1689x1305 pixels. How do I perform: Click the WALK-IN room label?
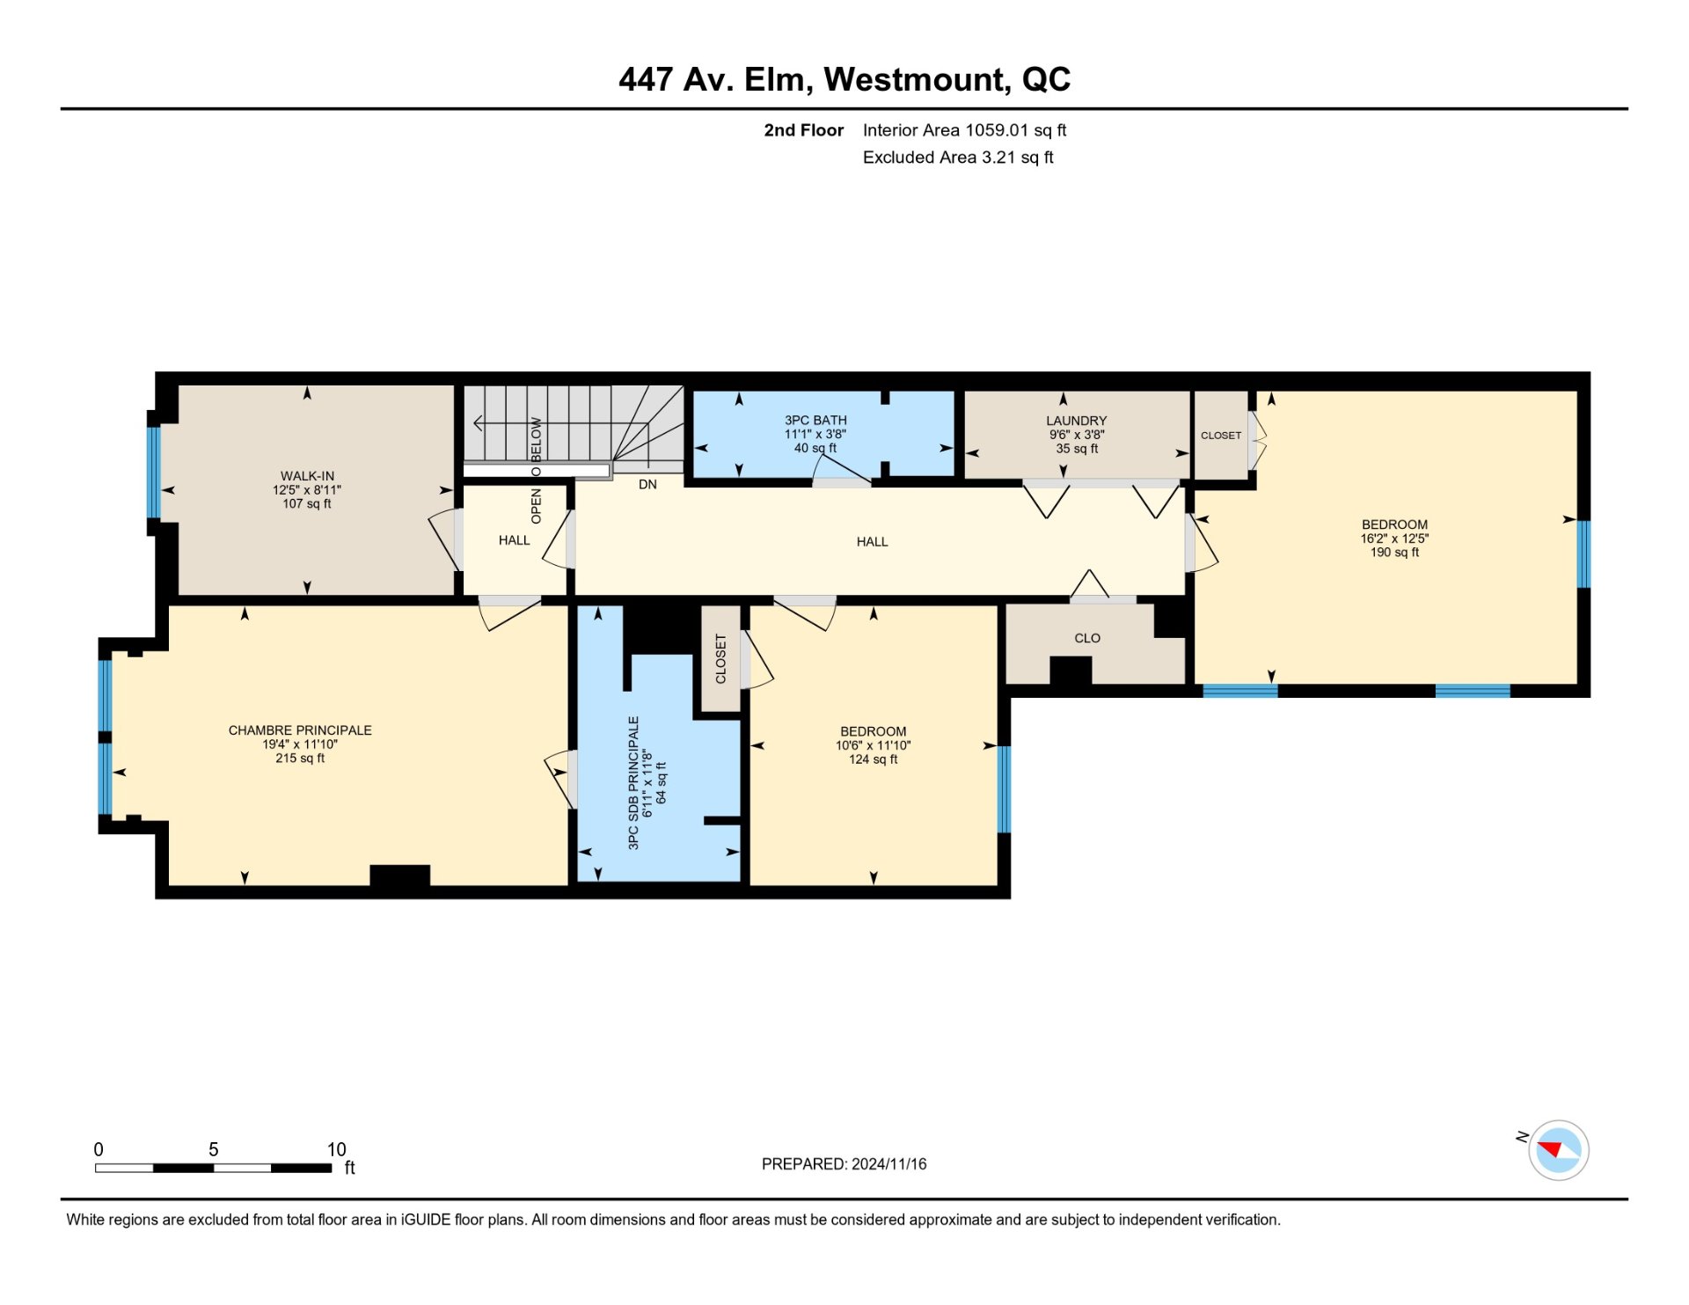tap(307, 476)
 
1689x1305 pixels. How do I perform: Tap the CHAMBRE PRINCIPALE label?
tap(300, 730)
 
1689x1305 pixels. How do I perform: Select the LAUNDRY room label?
tap(1076, 421)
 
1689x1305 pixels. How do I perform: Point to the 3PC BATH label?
tap(815, 421)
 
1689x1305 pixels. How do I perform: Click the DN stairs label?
tap(647, 485)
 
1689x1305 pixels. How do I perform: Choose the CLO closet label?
tap(1087, 638)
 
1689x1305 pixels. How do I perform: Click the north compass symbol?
tap(1558, 1149)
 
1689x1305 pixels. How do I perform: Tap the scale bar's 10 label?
tap(336, 1149)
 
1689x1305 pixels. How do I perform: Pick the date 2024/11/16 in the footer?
tap(888, 1164)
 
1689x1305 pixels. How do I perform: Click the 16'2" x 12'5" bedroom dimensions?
tap(1394, 539)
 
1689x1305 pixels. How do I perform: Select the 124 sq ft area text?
tap(873, 759)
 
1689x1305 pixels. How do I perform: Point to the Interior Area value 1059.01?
tap(997, 130)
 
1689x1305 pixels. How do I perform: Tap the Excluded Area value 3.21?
tap(998, 158)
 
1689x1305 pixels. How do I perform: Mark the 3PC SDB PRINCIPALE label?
tap(633, 782)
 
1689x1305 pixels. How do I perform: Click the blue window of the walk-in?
tap(154, 473)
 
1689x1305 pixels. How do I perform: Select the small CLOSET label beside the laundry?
tap(1221, 436)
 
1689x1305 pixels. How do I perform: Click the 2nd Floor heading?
tap(803, 130)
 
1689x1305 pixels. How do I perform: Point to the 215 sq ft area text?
tap(300, 759)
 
